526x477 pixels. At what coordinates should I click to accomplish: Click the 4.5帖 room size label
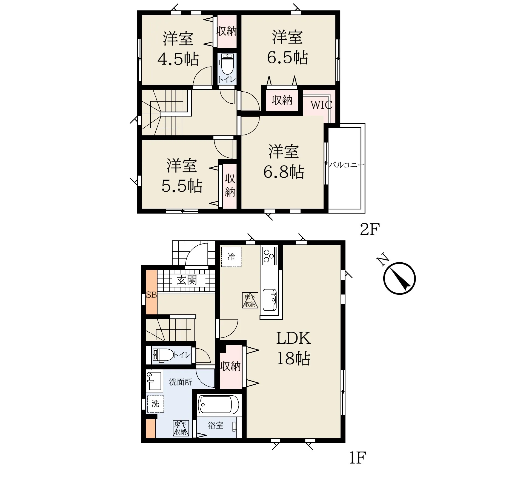tap(178, 59)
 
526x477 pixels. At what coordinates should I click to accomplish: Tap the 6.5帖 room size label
tap(287, 58)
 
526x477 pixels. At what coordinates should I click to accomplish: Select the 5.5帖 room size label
tap(182, 186)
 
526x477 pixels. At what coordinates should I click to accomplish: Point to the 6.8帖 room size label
tap(284, 172)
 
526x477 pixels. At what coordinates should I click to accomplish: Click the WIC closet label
tap(321, 105)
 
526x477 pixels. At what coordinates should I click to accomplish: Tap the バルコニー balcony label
tap(347, 165)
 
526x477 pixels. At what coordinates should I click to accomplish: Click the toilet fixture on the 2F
tap(227, 64)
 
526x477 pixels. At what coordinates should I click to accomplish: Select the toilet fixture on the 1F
tap(163, 355)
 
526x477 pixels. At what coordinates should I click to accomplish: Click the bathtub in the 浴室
tap(219, 405)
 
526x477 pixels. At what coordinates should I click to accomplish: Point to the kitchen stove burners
tap(269, 256)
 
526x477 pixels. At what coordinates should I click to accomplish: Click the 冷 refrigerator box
tap(231, 257)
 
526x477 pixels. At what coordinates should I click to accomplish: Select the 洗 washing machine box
tap(155, 404)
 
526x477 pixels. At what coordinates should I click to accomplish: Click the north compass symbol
tap(399, 279)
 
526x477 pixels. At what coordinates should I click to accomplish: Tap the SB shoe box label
tap(151, 295)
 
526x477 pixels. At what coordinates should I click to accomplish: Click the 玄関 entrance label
tap(187, 280)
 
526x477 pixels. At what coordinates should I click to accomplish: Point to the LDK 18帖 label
tap(293, 348)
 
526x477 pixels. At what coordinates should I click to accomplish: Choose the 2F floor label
tap(370, 229)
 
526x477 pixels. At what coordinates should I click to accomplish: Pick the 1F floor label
tap(358, 458)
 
